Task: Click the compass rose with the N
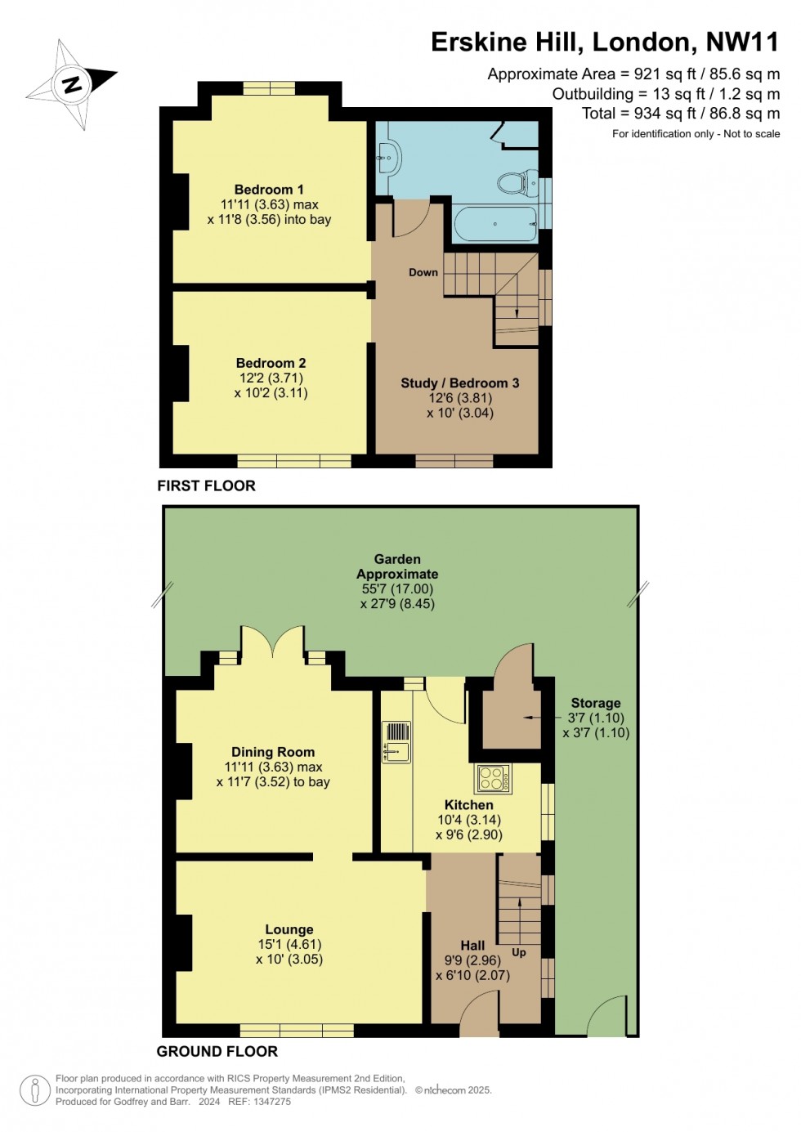coord(72,83)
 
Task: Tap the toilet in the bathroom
coord(514,182)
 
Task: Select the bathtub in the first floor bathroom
coord(495,223)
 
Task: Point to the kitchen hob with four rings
coord(494,778)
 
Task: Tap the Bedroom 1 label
coord(269,190)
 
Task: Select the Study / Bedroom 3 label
coord(459,383)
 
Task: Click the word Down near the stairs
coord(423,272)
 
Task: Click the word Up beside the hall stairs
coord(519,952)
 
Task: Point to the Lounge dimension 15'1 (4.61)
coord(289,944)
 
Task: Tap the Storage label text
coord(596,703)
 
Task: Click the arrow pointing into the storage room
coord(531,718)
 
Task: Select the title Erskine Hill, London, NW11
coord(605,42)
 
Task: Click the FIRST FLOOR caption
coord(206,485)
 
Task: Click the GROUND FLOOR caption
coord(217,1051)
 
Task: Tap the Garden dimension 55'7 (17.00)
coord(397,588)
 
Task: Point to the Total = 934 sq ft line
coord(680,114)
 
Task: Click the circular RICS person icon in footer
coord(35,1090)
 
